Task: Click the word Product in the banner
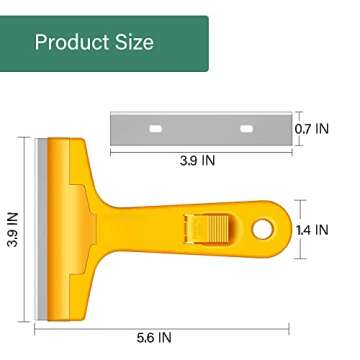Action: click(70, 42)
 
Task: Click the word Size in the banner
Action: click(132, 42)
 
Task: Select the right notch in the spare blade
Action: click(244, 129)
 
